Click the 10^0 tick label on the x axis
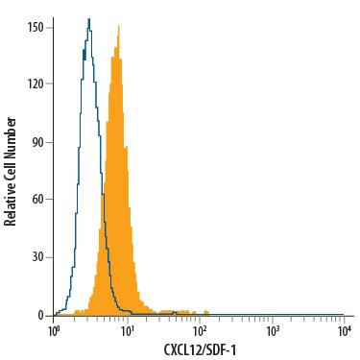click(x=55, y=330)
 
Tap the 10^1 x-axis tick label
click(x=127, y=330)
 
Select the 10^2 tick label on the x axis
click(x=200, y=330)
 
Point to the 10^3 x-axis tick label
click(x=273, y=330)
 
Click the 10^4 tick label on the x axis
click(x=345, y=330)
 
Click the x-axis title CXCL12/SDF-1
click(x=200, y=349)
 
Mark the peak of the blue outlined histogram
click(x=88, y=18)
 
